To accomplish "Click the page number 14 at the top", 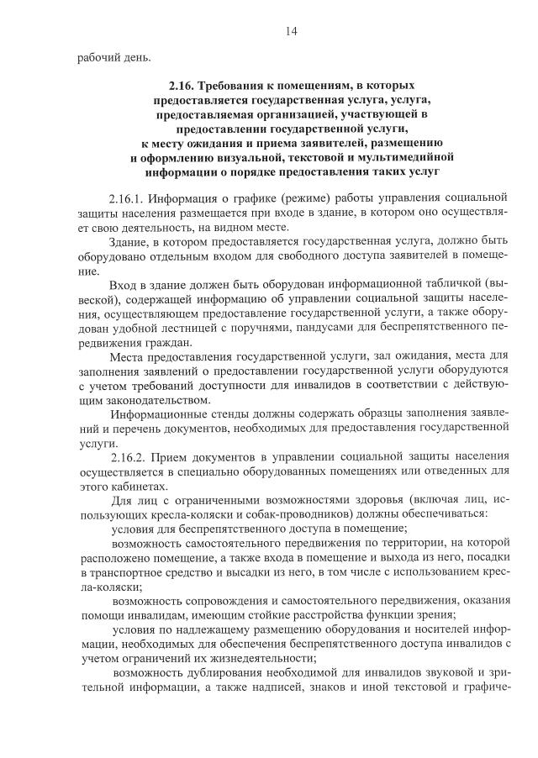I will click(291, 32).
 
